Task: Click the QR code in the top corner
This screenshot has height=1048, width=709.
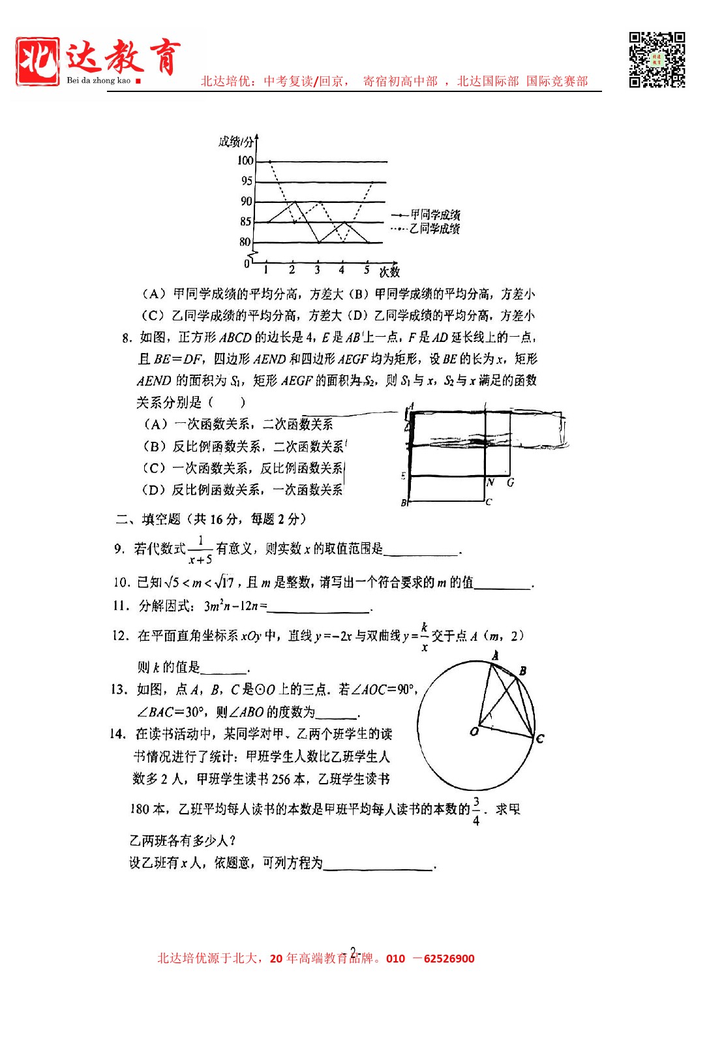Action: click(657, 59)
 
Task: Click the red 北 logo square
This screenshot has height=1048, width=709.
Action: click(38, 61)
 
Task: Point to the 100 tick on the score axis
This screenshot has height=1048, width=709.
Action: click(245, 161)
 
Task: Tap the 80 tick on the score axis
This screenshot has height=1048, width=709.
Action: click(245, 242)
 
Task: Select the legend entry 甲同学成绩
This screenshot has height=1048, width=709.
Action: click(435, 215)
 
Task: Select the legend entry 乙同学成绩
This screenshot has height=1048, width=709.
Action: click(435, 228)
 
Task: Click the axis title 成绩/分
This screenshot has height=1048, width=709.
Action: click(236, 142)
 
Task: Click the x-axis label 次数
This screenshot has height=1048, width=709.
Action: click(389, 271)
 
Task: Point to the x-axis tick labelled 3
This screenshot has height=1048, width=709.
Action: click(317, 270)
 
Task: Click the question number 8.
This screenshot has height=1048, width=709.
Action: click(127, 338)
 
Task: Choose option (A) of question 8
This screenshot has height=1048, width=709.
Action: click(238, 425)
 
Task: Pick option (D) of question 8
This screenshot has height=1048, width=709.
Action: click(242, 490)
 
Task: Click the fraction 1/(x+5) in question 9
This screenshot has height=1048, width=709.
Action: click(200, 549)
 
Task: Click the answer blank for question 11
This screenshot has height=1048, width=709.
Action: click(319, 607)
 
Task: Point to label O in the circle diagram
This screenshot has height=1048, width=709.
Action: click(474, 732)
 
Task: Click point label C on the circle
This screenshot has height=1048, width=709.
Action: click(540, 739)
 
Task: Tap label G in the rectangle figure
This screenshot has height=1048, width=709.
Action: click(510, 483)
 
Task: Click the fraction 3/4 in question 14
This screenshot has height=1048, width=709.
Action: click(476, 811)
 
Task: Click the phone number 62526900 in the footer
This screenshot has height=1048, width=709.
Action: click(449, 959)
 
